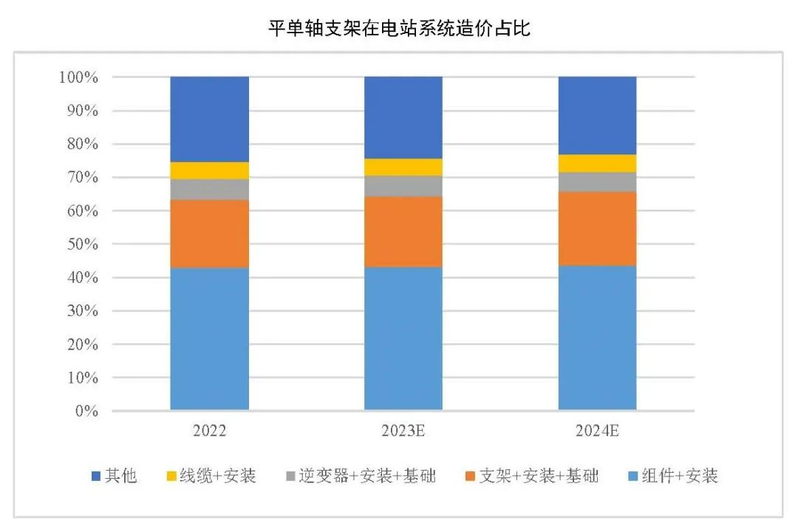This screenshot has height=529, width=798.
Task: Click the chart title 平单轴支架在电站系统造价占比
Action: (399, 29)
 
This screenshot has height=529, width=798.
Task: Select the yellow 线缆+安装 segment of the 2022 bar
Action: (209, 171)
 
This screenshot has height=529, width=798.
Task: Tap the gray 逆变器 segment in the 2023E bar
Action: (403, 186)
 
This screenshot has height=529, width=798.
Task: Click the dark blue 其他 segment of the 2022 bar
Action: (209, 119)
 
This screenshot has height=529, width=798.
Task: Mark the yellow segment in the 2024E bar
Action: (597, 163)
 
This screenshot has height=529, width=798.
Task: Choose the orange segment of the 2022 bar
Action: (209, 233)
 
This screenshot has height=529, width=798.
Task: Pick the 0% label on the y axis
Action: (86, 411)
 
